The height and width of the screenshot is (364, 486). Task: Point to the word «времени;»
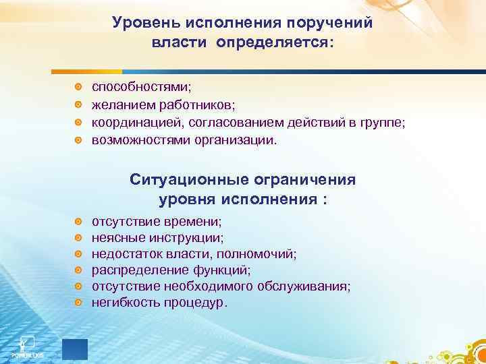coord(197,221)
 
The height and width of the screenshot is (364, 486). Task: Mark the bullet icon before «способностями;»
coord(79,88)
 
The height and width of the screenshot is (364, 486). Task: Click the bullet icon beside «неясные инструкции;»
coord(79,238)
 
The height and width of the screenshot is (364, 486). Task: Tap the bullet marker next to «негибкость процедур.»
coord(79,303)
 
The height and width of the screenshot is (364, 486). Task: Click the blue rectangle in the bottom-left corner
coord(75,350)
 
